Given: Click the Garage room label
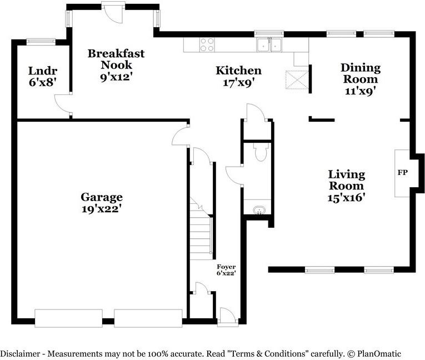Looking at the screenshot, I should click(x=102, y=197).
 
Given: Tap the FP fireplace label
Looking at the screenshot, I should click(x=403, y=173).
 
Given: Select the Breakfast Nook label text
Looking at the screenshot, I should click(x=116, y=59).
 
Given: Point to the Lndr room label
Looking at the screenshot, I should click(x=43, y=71).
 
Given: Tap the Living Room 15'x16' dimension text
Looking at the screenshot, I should click(x=346, y=197).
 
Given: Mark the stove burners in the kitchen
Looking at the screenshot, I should click(x=207, y=44).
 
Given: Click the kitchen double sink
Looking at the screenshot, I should click(x=270, y=45).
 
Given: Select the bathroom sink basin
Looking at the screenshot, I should click(x=259, y=210).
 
